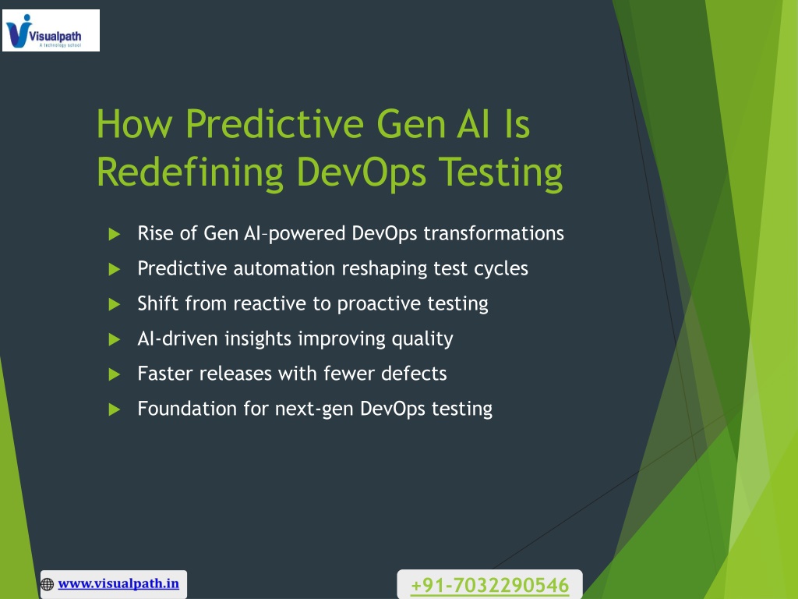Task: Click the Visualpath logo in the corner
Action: (x=51, y=30)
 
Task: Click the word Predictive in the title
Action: (x=274, y=123)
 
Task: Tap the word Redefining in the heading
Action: (x=189, y=173)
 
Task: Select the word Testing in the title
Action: (x=501, y=173)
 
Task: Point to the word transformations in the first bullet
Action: (x=493, y=233)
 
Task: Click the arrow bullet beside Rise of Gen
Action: (x=115, y=234)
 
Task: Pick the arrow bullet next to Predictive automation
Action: (x=115, y=269)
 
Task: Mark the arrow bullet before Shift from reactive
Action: (x=115, y=304)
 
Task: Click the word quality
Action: (x=422, y=339)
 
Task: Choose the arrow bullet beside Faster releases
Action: (x=115, y=374)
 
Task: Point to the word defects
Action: (x=414, y=374)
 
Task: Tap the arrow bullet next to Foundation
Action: (x=115, y=409)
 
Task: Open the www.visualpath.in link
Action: (x=118, y=583)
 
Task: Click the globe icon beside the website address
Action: (x=48, y=584)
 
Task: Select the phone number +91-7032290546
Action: (x=489, y=585)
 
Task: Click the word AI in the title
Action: (x=473, y=123)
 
